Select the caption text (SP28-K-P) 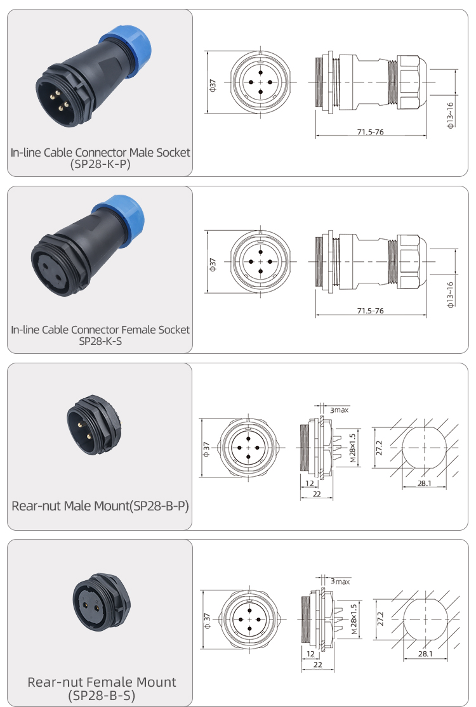coord(100,164)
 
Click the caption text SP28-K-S coord(100,341)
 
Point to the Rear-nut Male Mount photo coord(94,425)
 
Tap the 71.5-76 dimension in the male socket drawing coord(370,132)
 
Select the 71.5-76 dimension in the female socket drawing coord(370,311)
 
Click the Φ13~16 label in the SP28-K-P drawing coord(450,115)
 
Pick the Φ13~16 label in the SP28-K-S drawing coord(450,295)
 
